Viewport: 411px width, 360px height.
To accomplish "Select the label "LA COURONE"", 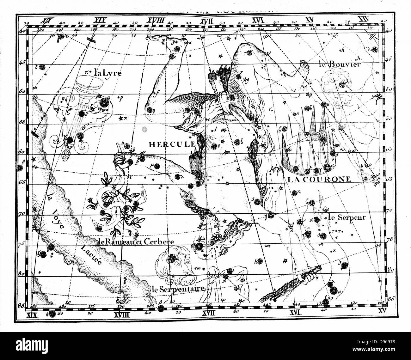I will tap(319, 179).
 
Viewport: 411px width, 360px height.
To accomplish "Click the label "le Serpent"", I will tap(347, 218).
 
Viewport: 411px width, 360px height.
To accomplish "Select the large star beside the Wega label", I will tap(103, 103).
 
